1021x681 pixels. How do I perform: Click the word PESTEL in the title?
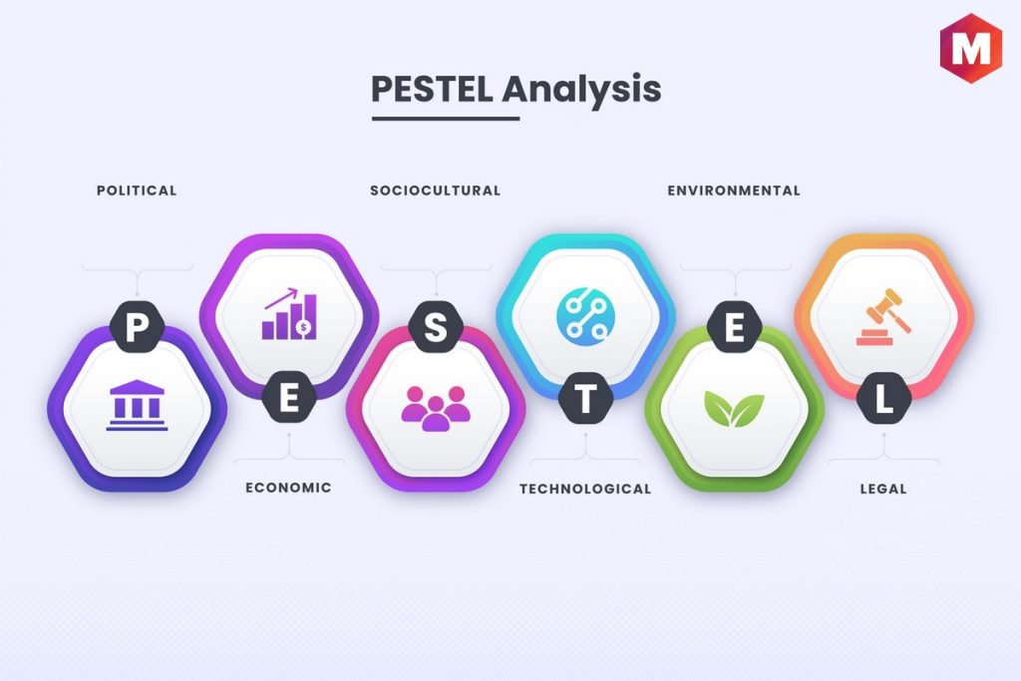(x=432, y=89)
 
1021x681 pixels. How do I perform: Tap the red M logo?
(x=970, y=48)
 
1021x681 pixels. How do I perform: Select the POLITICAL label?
(x=137, y=190)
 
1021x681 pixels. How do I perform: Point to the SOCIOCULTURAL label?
(x=436, y=190)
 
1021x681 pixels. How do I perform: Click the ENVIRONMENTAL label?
(x=734, y=190)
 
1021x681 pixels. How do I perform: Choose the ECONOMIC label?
(x=288, y=488)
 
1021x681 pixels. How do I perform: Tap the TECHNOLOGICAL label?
(x=585, y=489)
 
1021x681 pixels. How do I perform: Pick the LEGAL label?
(x=883, y=489)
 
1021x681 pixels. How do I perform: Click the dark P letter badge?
(x=137, y=327)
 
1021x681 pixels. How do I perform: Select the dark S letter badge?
(x=436, y=327)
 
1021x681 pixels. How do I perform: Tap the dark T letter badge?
(x=586, y=398)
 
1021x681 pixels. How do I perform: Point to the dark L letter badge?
(x=883, y=398)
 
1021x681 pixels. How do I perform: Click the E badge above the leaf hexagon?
(x=735, y=327)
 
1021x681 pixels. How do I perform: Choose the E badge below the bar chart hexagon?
(x=289, y=398)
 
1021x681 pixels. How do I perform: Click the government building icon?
(x=137, y=406)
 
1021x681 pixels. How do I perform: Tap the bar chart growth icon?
(x=290, y=314)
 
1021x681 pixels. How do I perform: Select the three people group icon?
(x=436, y=408)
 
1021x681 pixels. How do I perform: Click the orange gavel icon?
(x=883, y=317)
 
